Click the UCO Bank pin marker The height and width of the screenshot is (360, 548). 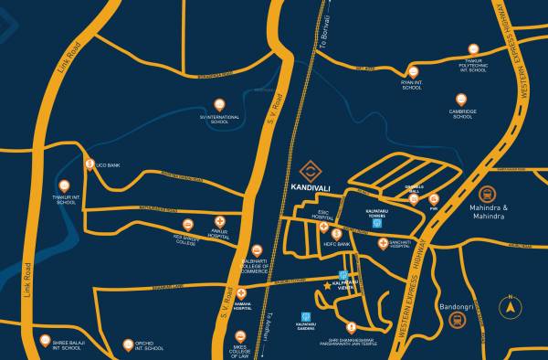(x=90, y=164)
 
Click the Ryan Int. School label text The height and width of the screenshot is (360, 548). (x=412, y=85)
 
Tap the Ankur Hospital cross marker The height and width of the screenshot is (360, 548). (x=220, y=222)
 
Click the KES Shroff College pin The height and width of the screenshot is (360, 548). (x=186, y=225)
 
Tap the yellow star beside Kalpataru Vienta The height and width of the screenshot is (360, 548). (x=328, y=287)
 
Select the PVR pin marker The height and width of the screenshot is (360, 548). (x=434, y=198)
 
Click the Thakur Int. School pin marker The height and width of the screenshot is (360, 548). (x=67, y=181)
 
